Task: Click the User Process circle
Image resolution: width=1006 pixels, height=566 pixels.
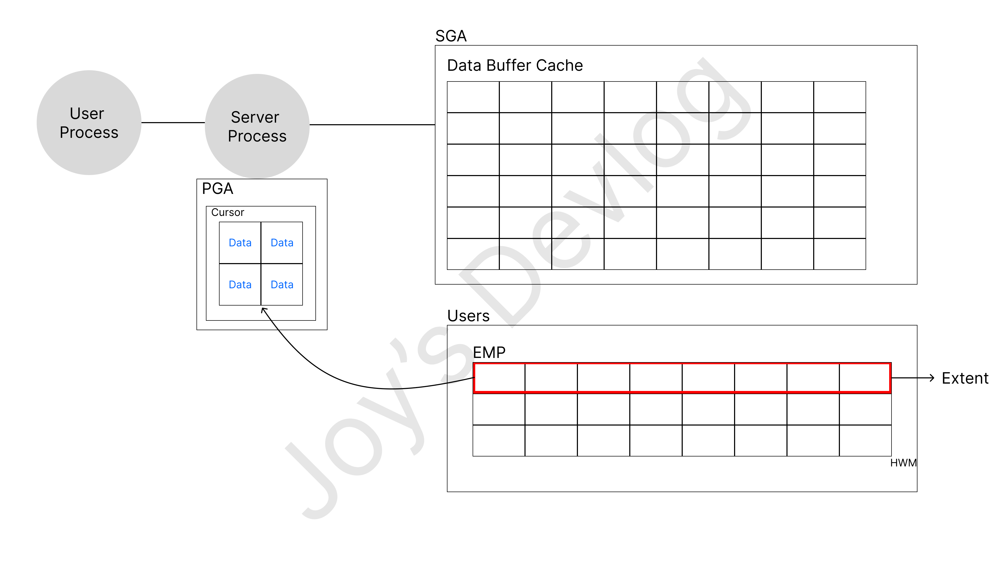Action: click(x=89, y=123)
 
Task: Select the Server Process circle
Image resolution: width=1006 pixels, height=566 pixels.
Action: click(x=257, y=126)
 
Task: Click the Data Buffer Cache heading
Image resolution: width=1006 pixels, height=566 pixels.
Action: click(x=515, y=65)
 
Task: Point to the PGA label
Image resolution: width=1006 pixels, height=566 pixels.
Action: click(x=217, y=189)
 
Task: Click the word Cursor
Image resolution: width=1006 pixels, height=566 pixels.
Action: click(x=227, y=213)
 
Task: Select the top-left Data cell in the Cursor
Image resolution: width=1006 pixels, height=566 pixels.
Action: click(x=240, y=243)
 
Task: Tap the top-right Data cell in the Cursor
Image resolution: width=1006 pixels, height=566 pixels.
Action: click(x=282, y=243)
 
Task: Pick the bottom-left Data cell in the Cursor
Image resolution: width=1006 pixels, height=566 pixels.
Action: click(x=240, y=284)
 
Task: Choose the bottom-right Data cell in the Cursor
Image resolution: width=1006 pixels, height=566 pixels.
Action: click(x=282, y=284)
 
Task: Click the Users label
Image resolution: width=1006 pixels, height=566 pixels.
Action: click(x=468, y=315)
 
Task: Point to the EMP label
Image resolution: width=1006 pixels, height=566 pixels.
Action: click(x=489, y=352)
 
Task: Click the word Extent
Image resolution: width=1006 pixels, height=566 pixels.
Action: click(x=965, y=378)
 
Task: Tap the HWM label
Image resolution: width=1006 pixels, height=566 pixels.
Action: click(x=903, y=463)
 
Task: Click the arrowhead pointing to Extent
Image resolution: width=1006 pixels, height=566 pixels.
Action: click(x=932, y=378)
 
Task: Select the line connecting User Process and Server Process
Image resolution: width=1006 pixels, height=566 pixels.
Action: click(x=173, y=123)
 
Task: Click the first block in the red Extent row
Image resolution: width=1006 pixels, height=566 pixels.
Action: click(x=499, y=378)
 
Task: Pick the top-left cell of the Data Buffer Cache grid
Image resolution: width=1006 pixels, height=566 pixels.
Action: click(x=473, y=97)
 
